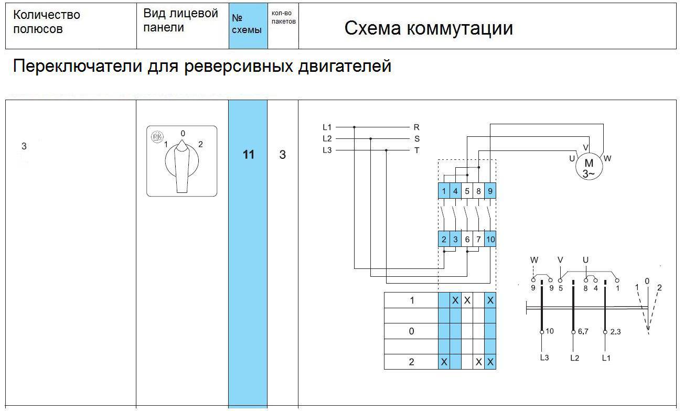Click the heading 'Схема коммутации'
428,28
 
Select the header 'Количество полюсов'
46,22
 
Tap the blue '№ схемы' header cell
247,25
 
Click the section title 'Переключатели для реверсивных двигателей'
201,67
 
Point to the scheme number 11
248,155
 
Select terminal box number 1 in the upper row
444,191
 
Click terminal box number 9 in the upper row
490,191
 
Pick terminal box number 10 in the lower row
490,239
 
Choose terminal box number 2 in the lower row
444,239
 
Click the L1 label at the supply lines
327,127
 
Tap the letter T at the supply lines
416,150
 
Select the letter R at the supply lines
416,127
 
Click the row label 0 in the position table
411,331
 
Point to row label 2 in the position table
411,362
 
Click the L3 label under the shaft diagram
544,358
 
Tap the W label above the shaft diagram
534,259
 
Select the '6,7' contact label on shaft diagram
584,332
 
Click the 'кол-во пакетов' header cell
283,17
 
